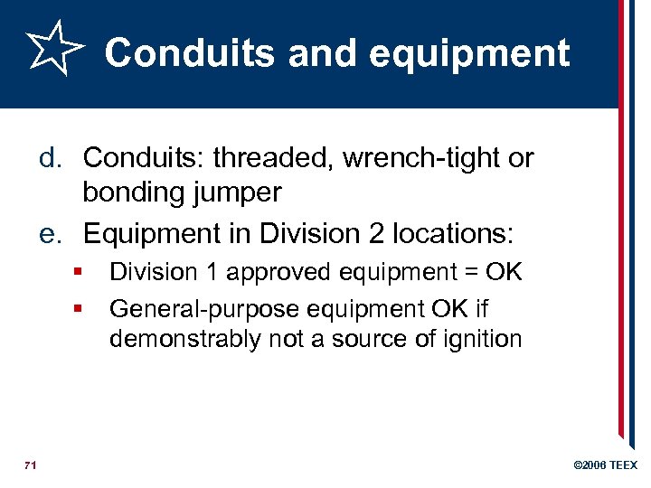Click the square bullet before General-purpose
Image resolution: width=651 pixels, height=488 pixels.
(80, 309)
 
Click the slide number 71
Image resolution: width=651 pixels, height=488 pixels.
(30, 465)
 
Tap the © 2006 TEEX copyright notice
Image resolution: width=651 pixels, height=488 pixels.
(606, 465)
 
